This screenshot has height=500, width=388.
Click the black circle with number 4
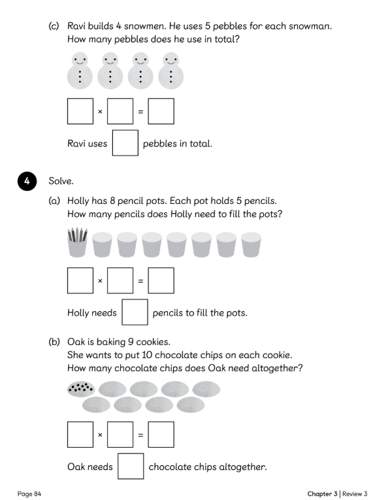point(27,181)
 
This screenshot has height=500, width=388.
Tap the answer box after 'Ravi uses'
point(125,143)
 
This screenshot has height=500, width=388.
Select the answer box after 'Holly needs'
point(135,312)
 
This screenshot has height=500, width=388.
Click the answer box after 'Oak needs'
point(131,466)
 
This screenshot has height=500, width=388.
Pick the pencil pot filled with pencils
point(78,242)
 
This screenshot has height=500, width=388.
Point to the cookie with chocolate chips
point(81,389)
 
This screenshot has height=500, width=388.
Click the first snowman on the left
point(80,71)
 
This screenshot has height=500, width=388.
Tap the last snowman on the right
point(170,71)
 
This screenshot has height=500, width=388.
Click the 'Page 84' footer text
point(29,493)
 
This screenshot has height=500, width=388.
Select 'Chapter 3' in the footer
point(322,493)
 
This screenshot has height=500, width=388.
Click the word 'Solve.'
point(61,181)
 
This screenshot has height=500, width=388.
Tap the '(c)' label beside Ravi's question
point(54,26)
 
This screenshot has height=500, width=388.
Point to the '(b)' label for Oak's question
point(54,342)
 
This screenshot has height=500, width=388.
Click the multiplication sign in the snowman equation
point(100,112)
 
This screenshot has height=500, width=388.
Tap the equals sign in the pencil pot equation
point(140,281)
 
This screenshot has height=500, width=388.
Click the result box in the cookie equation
point(161,435)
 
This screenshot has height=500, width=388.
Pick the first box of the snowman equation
point(80,111)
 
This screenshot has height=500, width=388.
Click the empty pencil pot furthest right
point(251,244)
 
